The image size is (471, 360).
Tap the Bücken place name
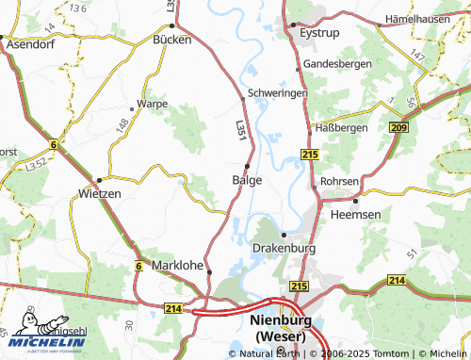(x=172, y=41)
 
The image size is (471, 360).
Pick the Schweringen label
(x=280, y=94)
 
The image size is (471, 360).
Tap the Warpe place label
(x=153, y=103)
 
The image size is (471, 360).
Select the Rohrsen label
(x=339, y=181)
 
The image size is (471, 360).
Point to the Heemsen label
(x=355, y=215)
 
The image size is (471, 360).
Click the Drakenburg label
(x=284, y=248)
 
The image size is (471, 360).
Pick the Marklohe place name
(x=177, y=266)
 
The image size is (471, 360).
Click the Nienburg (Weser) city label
(x=284, y=326)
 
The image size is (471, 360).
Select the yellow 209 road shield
(x=398, y=127)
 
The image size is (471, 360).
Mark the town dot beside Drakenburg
(x=284, y=235)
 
